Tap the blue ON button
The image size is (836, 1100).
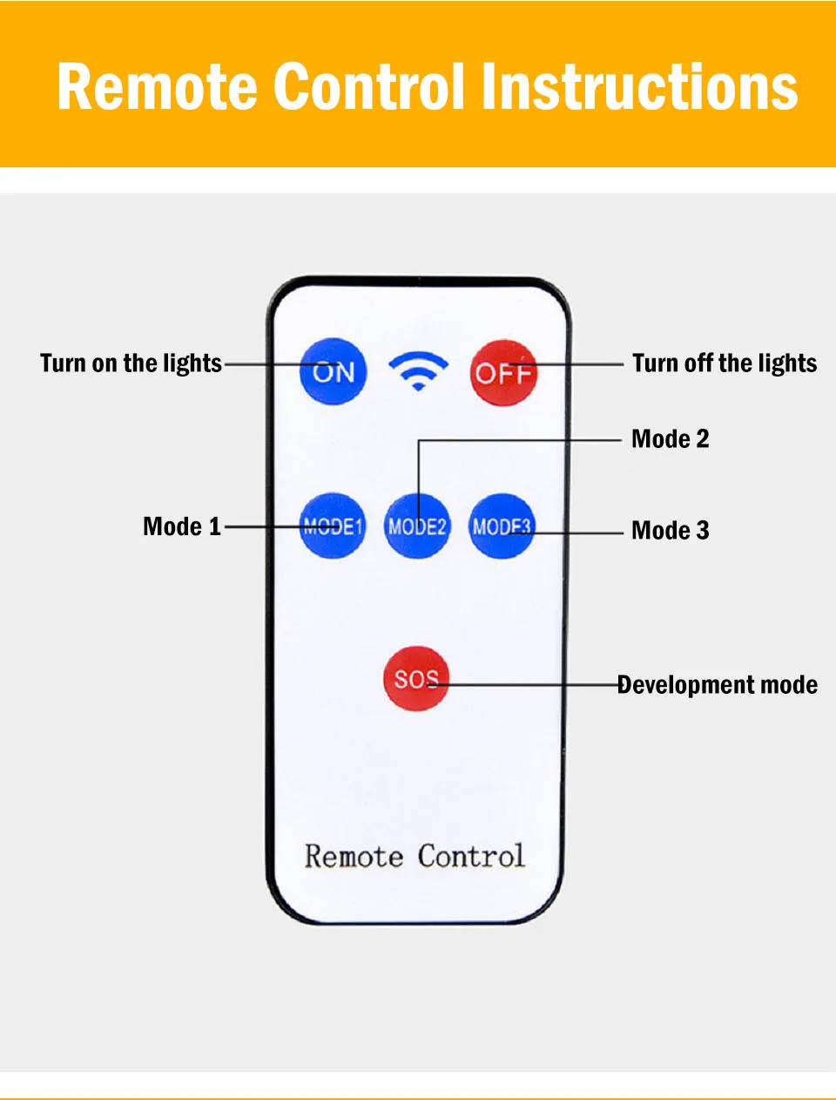point(333,372)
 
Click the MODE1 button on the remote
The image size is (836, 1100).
point(332,526)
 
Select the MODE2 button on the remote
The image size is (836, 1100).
point(417,526)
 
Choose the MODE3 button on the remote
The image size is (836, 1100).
point(501,526)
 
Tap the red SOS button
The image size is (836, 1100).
point(415,678)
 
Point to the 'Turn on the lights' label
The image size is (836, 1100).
point(131,363)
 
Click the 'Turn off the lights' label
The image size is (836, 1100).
point(725,363)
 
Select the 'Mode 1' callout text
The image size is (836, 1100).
point(181,526)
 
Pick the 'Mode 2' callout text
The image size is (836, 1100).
point(670,438)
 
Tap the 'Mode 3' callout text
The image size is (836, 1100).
point(670,530)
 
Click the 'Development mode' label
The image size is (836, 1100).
point(717,685)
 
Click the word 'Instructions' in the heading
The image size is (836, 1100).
point(639,87)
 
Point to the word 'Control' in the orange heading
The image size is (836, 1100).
point(369,87)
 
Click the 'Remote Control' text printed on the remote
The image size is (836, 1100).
point(415,856)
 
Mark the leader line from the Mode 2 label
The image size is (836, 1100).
point(522,440)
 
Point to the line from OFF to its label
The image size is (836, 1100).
point(579,363)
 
